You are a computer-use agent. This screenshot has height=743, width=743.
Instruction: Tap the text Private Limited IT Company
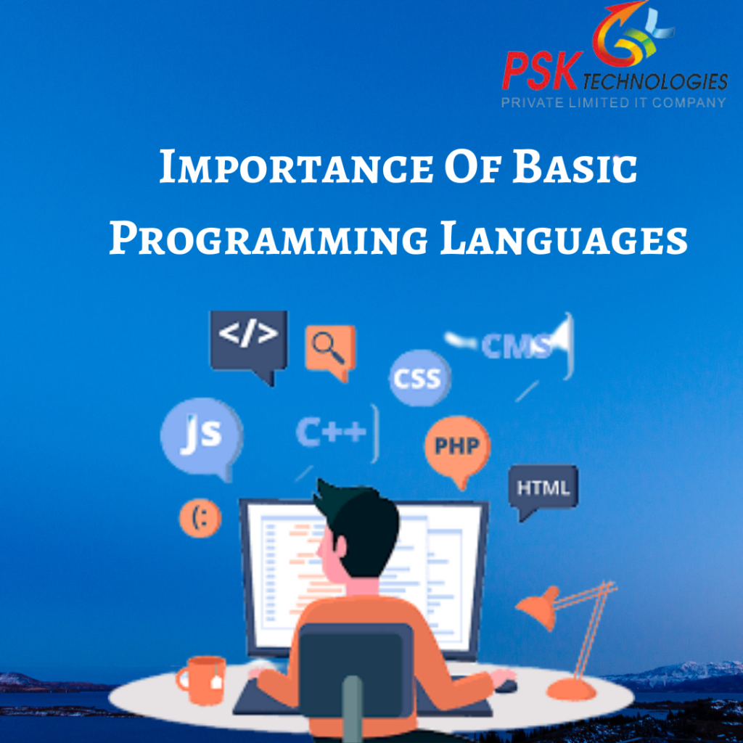(613, 102)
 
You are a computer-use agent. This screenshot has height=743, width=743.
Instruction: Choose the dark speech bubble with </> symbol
(248, 339)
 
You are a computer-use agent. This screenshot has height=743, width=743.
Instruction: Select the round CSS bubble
(419, 378)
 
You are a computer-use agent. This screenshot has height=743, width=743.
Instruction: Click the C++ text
(331, 433)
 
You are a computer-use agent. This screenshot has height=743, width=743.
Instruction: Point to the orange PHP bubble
(456, 446)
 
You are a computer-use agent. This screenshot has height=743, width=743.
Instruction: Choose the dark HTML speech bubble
(543, 488)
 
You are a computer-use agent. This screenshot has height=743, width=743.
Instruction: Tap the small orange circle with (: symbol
(200, 517)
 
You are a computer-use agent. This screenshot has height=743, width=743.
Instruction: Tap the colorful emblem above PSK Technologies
(628, 33)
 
